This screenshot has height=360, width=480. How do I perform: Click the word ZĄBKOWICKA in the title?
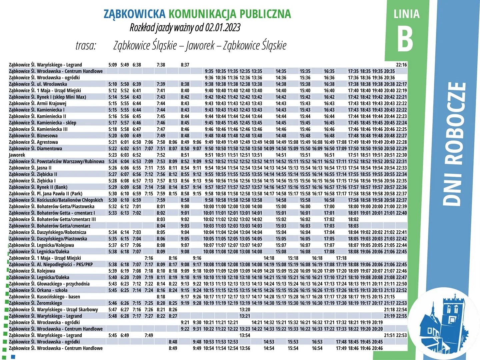click(x=134, y=14)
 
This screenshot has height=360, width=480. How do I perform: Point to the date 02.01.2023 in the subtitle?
click(x=223, y=27)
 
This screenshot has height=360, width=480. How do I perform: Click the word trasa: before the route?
click(x=86, y=45)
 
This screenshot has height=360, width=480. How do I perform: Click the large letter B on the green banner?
click(x=405, y=39)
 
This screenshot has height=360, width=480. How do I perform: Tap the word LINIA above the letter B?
click(x=406, y=14)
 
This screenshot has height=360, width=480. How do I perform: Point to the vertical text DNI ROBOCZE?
click(x=454, y=144)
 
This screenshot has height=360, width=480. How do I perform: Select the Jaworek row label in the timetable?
click(x=17, y=155)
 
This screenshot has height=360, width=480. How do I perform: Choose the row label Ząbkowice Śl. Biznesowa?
click(x=33, y=136)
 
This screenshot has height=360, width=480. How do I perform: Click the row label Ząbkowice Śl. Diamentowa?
click(x=35, y=149)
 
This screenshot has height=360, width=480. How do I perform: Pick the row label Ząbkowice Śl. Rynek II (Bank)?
click(x=38, y=187)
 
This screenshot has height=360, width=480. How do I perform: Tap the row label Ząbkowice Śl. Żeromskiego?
click(x=35, y=303)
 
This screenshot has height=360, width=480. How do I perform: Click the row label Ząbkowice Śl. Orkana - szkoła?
click(x=38, y=290)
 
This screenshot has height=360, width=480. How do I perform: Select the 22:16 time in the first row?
click(x=401, y=65)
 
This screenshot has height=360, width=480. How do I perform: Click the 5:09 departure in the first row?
click(x=113, y=65)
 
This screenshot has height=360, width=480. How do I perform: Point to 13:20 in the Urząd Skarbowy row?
click(x=245, y=310)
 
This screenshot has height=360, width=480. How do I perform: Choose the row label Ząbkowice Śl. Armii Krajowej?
click(x=38, y=103)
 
